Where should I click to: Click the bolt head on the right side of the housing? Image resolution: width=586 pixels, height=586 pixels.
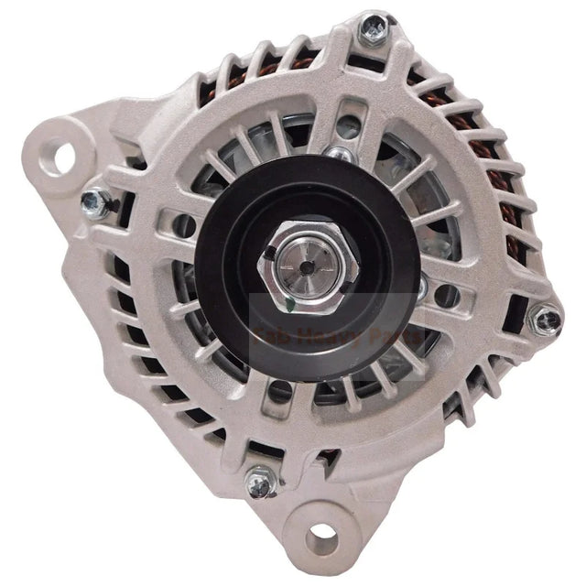pos(546,319)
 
